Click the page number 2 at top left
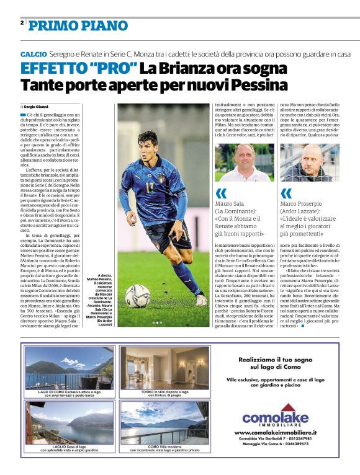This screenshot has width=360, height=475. tap(22, 23)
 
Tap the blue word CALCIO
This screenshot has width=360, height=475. tap(33, 55)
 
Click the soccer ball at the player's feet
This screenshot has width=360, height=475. tap(137, 296)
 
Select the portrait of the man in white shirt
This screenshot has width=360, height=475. tap(236, 162)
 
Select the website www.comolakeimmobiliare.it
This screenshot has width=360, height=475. tap(276, 432)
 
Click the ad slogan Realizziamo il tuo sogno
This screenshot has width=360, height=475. tap(275, 359)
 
